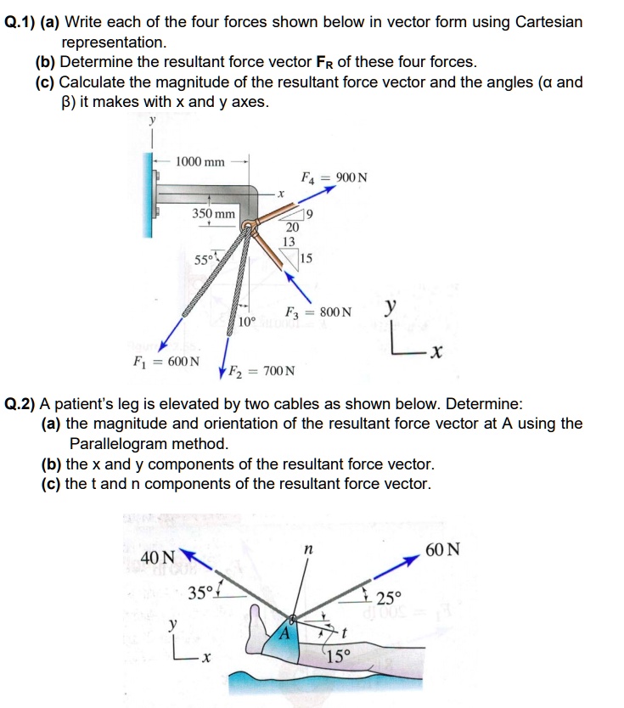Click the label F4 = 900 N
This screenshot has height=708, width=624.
[x=334, y=177]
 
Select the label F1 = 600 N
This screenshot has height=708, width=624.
[x=166, y=361]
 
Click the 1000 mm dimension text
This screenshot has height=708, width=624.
[x=200, y=161]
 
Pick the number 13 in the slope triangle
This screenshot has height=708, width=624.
[x=289, y=242]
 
